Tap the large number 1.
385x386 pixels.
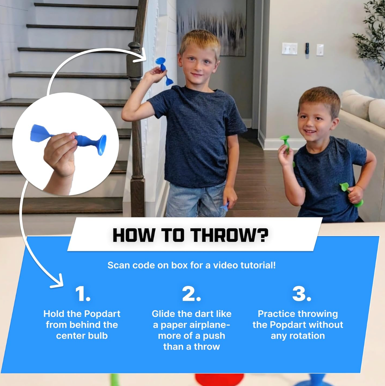83,294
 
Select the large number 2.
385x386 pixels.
191,294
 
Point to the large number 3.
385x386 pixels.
301,294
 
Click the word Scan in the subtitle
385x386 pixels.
119,265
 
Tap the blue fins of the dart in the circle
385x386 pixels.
40,133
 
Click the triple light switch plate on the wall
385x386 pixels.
290,49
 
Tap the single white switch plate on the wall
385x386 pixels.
320,50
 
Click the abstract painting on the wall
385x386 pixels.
211,27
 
